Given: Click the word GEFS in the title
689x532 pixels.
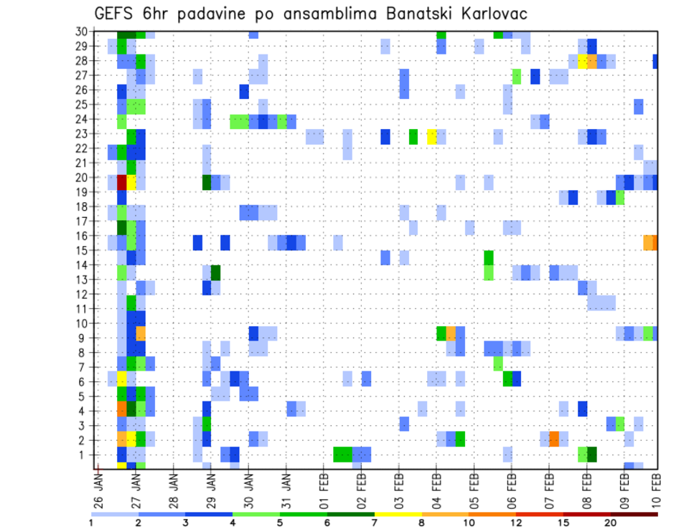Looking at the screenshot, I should (x=112, y=14).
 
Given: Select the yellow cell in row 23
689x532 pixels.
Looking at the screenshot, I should (x=431, y=136).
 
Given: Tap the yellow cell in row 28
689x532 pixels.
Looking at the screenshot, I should (x=583, y=61).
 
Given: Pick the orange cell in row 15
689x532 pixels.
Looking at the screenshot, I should (x=650, y=242).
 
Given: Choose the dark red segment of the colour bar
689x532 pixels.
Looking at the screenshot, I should (x=634, y=513).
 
